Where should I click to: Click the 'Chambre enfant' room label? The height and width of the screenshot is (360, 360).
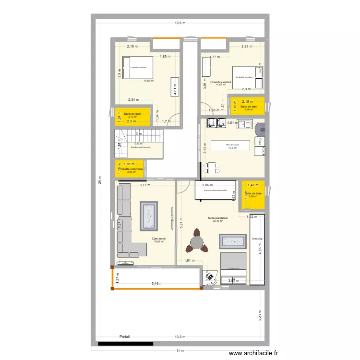click(x=221, y=82)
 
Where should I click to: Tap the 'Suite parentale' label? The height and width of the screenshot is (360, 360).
click(x=217, y=218)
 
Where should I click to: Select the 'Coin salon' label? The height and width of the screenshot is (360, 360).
click(x=159, y=239)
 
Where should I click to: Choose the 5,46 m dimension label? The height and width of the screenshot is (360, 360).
click(x=157, y=284)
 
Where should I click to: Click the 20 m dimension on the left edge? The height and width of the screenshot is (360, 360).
click(x=100, y=180)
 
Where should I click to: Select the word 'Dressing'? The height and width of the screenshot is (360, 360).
click(x=257, y=239)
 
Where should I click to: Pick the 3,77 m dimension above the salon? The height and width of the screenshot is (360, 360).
click(x=145, y=185)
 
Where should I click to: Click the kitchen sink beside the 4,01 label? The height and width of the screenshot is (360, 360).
click(x=249, y=124)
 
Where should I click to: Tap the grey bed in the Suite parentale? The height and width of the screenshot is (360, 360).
click(x=233, y=268)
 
